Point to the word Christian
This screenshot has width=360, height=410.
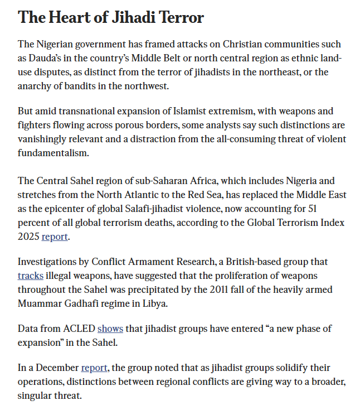[199, 44]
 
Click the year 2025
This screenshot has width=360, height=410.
[28, 237]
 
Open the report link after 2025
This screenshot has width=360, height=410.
[55, 237]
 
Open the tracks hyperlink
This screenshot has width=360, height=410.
[30, 276]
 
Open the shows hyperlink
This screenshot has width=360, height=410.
[110, 329]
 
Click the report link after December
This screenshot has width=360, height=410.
[94, 368]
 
